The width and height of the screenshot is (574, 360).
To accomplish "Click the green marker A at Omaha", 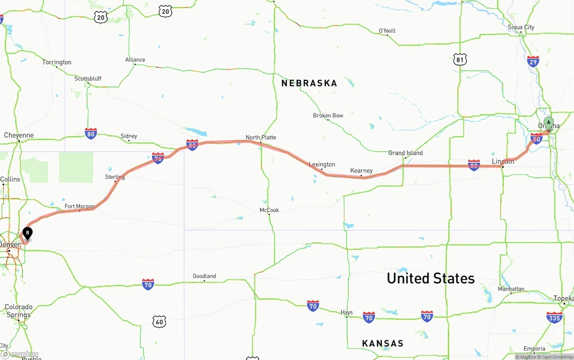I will click(548, 123).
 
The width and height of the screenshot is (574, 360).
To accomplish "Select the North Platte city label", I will click(261, 137).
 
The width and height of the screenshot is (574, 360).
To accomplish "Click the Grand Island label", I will click(405, 153).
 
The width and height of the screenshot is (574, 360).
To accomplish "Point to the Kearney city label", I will click(361, 170).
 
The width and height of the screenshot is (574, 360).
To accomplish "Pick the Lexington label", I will click(322, 165).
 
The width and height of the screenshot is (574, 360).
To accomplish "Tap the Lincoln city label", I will click(503, 161).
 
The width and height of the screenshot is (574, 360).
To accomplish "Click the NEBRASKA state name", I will click(309, 83).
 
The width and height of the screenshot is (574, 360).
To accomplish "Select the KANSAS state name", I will click(383, 343).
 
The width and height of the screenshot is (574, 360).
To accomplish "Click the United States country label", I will click(430, 278).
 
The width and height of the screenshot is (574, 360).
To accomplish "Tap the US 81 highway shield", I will click(460, 59).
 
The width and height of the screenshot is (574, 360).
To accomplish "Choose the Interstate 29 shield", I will click(533, 61).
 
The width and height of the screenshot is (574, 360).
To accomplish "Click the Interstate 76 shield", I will click(158, 158).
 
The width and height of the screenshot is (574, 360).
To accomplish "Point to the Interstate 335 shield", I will click(554, 317).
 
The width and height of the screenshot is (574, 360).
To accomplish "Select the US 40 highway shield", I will click(159, 321).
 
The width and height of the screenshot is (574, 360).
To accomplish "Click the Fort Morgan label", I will click(79, 207).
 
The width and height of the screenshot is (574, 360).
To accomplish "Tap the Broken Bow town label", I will click(328, 116).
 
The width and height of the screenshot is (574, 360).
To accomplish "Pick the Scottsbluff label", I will click(88, 79).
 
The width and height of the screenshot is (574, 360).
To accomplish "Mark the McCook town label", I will click(269, 210).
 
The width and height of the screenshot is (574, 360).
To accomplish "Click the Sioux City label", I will click(521, 27).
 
